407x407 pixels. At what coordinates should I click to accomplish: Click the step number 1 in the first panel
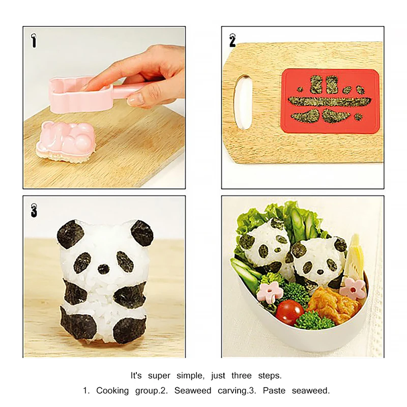34,40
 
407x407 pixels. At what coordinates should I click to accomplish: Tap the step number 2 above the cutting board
232,40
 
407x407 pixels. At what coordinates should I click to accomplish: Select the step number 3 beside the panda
34,210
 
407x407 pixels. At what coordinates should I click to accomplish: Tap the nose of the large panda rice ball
103,268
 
